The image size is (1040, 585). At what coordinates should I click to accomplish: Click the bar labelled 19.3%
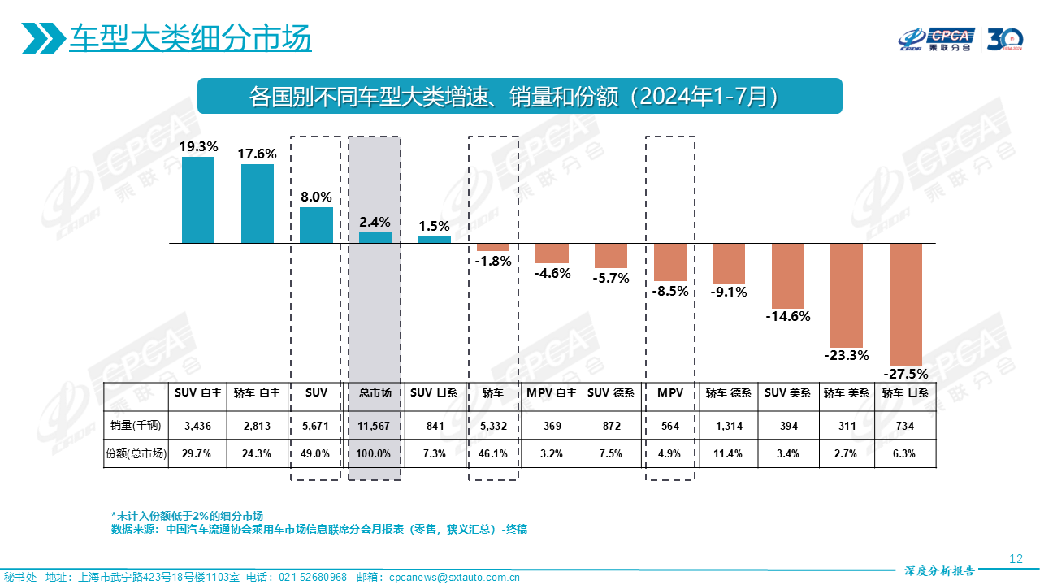click(x=198, y=200)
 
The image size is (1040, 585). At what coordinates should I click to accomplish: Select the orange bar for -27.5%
click(x=906, y=305)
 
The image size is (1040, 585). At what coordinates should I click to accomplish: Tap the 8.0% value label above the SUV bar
click(x=316, y=197)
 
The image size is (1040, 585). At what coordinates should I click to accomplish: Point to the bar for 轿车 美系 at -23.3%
click(x=847, y=295)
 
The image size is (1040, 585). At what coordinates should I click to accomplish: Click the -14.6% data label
click(x=788, y=317)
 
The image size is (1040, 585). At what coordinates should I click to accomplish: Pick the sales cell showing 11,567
click(x=375, y=424)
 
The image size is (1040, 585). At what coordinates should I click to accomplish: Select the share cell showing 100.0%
click(x=375, y=453)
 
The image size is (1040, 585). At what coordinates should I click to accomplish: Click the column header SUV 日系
click(x=434, y=392)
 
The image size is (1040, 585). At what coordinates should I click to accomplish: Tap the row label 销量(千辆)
click(x=136, y=424)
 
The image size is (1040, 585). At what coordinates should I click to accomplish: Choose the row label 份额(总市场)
click(x=136, y=453)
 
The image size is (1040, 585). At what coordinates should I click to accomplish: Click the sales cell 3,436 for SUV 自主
click(x=198, y=424)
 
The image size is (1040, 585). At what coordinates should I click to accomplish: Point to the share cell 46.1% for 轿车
click(x=493, y=453)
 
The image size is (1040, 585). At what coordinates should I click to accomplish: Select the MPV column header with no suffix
click(x=670, y=392)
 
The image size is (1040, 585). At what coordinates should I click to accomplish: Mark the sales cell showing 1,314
click(x=729, y=424)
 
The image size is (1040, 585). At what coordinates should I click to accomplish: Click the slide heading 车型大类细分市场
click(x=190, y=38)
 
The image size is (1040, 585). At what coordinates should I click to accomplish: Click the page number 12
click(x=1015, y=559)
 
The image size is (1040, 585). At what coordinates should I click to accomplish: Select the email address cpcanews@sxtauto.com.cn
click(x=454, y=578)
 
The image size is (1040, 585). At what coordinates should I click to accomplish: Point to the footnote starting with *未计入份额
click(x=188, y=516)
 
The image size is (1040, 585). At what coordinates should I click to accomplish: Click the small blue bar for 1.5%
click(x=434, y=240)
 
